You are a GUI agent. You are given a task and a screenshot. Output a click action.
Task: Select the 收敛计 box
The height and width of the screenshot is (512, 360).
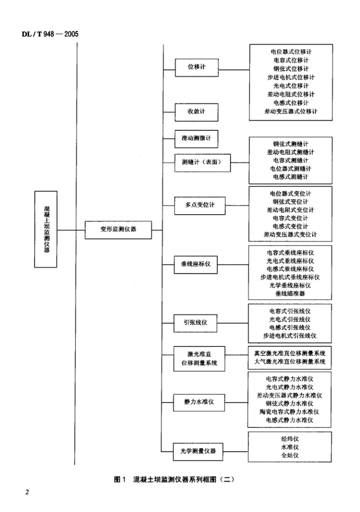[196, 112]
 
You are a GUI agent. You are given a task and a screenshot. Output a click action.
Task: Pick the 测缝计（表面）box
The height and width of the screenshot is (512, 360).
[202, 162]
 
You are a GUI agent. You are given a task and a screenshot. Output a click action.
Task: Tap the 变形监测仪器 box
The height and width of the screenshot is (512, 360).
[118, 230]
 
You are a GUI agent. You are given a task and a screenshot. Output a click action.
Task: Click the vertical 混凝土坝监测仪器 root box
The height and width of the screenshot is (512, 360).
[46, 229]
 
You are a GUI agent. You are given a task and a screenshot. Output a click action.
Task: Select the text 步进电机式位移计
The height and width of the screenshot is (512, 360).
[291, 77]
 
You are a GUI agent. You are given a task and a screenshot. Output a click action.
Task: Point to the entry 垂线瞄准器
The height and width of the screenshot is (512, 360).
[290, 294]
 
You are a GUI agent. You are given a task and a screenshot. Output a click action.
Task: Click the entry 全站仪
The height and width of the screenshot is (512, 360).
[290, 456]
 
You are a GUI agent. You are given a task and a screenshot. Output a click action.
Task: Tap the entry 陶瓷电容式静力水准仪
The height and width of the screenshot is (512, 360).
[290, 411]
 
